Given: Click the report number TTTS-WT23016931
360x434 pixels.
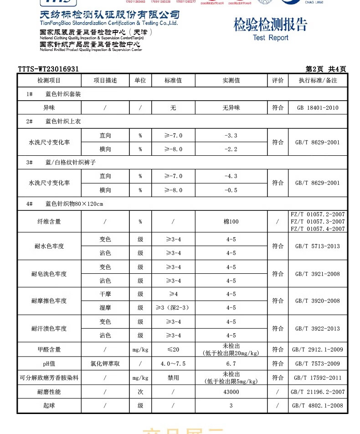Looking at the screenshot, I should [49, 69].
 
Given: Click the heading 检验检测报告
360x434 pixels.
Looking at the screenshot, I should [270, 25].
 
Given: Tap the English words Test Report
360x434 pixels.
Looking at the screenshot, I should [270, 38].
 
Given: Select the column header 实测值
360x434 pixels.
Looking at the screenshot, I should [231, 81].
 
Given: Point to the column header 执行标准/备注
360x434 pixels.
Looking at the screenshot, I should [318, 81].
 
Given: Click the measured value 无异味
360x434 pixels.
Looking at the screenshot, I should [231, 108].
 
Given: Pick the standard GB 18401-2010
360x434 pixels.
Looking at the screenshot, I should [318, 108].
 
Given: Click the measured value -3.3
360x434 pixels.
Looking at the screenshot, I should [231, 135].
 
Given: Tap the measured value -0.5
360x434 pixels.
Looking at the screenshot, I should [231, 190].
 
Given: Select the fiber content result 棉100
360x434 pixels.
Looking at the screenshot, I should [231, 222].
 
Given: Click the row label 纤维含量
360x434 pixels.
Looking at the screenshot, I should [49, 222].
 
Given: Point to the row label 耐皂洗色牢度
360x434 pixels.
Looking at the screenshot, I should [49, 274].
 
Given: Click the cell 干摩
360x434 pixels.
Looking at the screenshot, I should [105, 294].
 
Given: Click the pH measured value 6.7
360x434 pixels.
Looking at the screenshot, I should [231, 364].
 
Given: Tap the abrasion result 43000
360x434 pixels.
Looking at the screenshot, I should [231, 392].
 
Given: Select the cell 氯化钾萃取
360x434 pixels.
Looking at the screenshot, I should [105, 364].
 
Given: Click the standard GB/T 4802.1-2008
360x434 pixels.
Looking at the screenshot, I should [318, 406].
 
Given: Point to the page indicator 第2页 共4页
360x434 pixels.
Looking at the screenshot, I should [326, 69].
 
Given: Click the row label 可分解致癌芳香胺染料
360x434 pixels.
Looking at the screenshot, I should [49, 378].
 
